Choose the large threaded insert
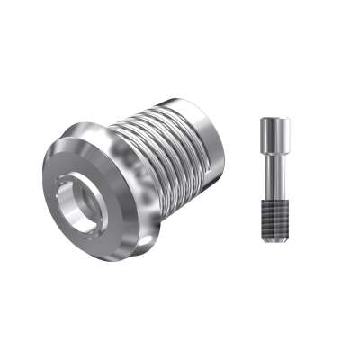click(144, 171)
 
